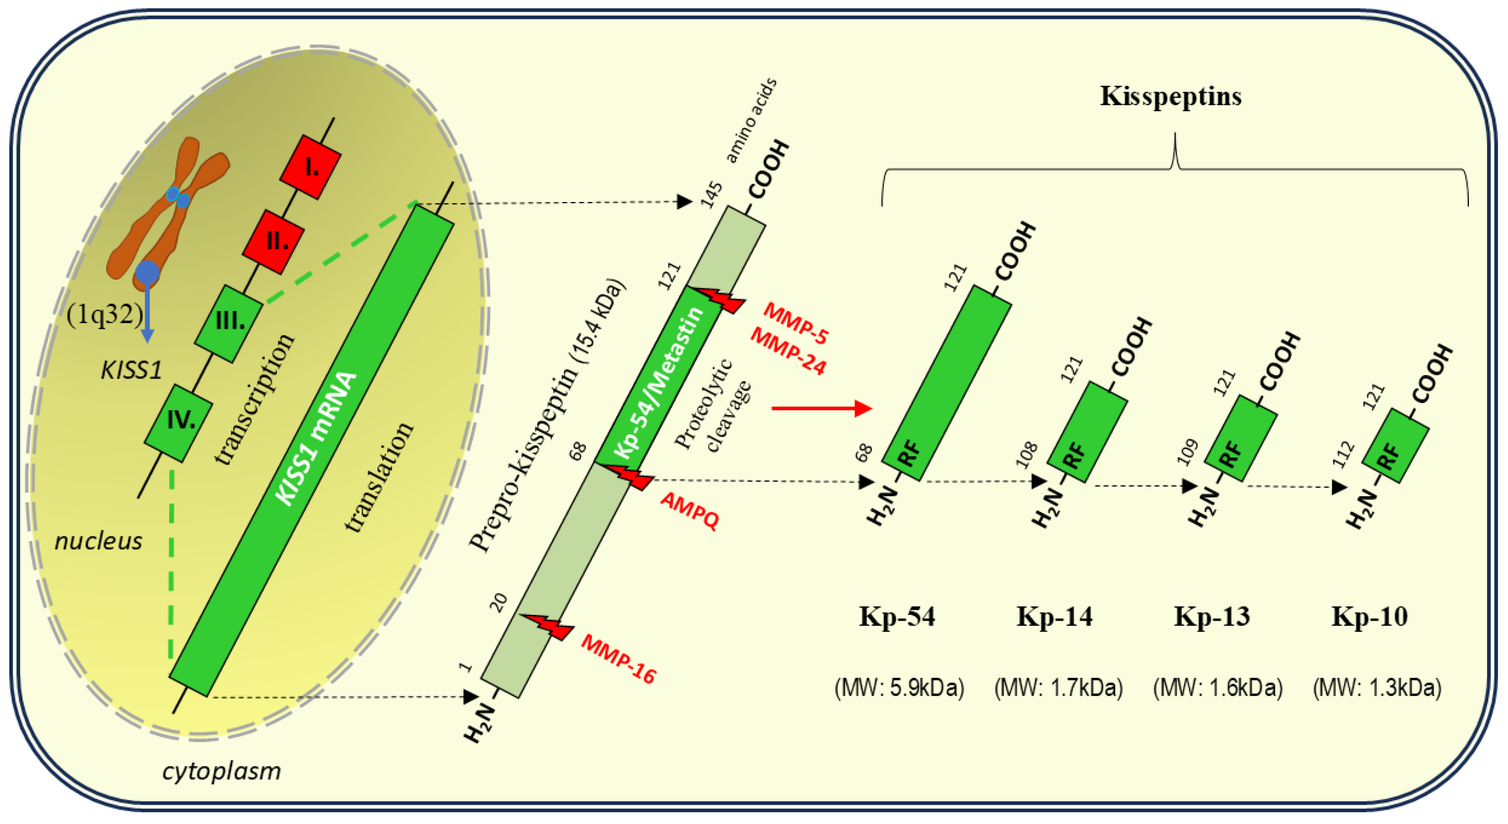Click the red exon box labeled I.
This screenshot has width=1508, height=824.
pyautogui.click(x=310, y=168)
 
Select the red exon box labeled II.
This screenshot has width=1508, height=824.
pyautogui.click(x=273, y=241)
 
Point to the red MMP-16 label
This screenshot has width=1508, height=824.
pyautogui.click(x=618, y=659)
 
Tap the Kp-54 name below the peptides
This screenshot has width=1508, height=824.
pyautogui.click(x=897, y=617)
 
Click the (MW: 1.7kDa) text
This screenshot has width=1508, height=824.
pyautogui.click(x=1058, y=688)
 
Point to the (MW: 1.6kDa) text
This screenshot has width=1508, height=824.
pyautogui.click(x=1218, y=688)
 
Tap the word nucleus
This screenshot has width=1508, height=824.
pyautogui.click(x=98, y=541)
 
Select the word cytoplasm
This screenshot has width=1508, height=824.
pyautogui.click(x=221, y=771)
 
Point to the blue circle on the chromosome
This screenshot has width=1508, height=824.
pyautogui.click(x=147, y=273)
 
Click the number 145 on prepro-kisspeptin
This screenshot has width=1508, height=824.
pyautogui.click(x=712, y=195)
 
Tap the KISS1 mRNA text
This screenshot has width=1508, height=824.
pyautogui.click(x=316, y=439)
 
